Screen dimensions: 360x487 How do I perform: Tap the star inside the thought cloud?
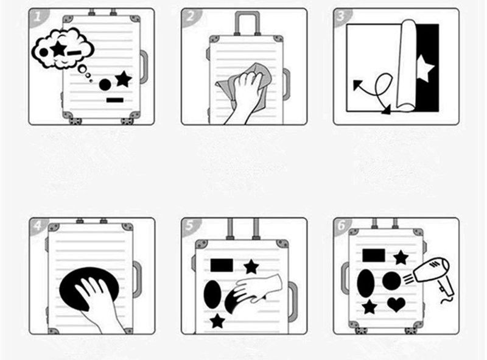(59, 49)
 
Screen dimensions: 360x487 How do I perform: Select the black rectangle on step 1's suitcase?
(114, 99)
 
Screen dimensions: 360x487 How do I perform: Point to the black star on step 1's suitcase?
(124, 79)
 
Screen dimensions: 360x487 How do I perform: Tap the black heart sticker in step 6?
(396, 303)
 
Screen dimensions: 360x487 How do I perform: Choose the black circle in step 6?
(391, 281)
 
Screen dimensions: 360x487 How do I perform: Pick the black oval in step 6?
(366, 281)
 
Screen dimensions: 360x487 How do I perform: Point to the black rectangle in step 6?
(373, 255)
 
